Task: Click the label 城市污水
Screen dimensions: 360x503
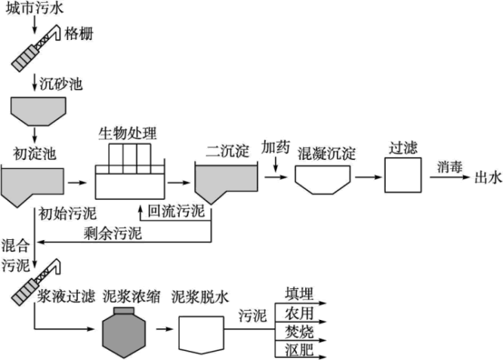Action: click(x=32, y=8)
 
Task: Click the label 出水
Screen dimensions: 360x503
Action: click(x=487, y=177)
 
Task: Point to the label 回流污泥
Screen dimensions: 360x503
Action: click(x=176, y=211)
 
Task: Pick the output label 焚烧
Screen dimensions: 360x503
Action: click(x=299, y=332)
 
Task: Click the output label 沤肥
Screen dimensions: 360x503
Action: click(x=299, y=350)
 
